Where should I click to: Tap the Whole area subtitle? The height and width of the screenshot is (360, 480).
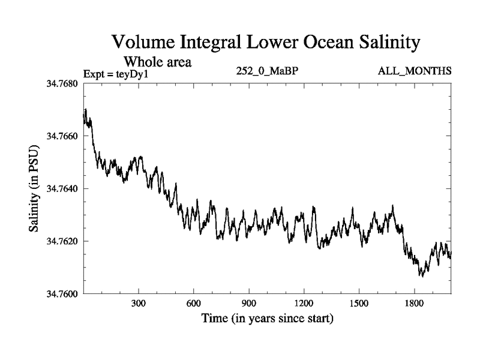click(157, 62)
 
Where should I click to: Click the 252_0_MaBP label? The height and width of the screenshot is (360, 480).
click(268, 71)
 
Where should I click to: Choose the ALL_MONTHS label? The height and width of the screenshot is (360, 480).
click(415, 71)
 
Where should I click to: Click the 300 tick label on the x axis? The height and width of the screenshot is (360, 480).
click(139, 304)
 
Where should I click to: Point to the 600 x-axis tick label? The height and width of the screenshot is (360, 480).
click(194, 304)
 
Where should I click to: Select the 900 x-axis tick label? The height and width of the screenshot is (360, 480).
click(249, 304)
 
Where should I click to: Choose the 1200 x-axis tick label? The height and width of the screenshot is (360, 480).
click(304, 304)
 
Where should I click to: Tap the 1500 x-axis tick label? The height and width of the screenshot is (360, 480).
click(359, 304)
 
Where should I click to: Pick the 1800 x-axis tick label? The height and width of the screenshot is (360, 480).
click(414, 304)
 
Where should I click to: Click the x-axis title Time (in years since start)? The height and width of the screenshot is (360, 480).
click(267, 319)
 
